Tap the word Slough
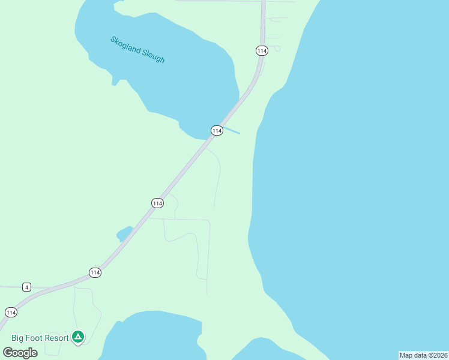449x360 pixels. pos(152,56)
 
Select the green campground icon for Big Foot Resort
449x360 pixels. pos(77,337)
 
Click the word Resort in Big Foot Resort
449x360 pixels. pos(55,338)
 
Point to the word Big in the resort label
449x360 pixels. pos(18,338)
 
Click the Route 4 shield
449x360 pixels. pos(26,287)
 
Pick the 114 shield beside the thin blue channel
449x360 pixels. pos(217,130)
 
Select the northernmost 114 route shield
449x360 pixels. pos(261,51)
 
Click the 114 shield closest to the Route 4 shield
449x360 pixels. pos(11,312)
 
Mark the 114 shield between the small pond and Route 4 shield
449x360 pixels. pos(95,272)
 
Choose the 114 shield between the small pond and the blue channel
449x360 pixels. pos(157,203)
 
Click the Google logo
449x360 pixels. pos(20,352)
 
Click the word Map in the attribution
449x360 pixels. pos(406,355)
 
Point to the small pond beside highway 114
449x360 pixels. pos(124,233)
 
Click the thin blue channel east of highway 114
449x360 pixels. pos(232,131)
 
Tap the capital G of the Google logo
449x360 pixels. pos(8,352)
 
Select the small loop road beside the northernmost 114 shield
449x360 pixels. pos(276,48)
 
